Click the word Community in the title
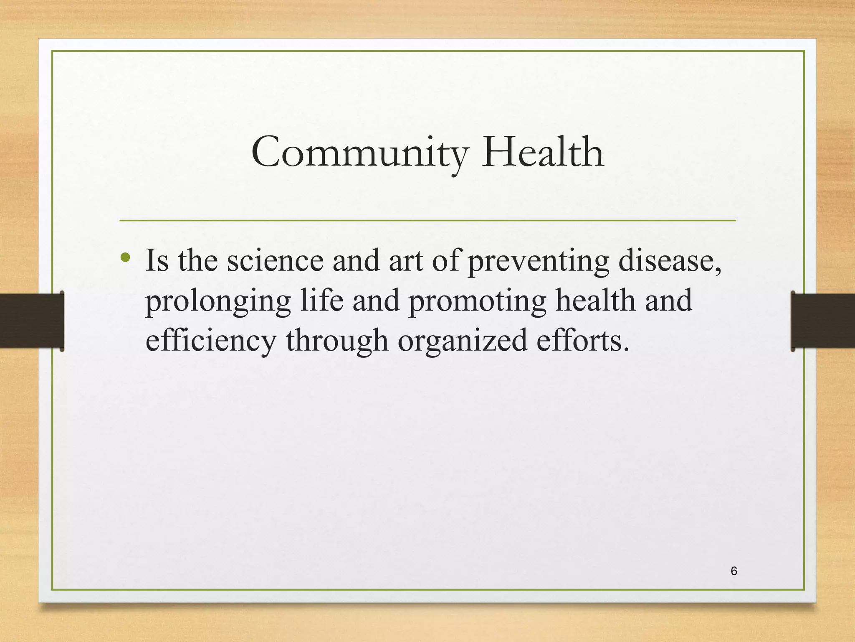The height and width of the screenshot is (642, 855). [359, 153]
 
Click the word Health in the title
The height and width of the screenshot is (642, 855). [543, 153]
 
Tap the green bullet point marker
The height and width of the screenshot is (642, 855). [125, 257]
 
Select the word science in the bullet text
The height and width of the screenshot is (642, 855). [275, 261]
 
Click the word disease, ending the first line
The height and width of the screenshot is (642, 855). [670, 261]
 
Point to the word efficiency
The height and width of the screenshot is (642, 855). [211, 341]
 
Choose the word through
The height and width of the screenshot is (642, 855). [337, 341]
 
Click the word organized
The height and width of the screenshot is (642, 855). [462, 341]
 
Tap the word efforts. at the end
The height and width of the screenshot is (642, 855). [582, 340]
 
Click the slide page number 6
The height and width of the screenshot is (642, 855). [734, 571]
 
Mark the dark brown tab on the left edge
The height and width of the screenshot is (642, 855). [31, 321]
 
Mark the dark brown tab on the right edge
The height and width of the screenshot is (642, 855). [823, 321]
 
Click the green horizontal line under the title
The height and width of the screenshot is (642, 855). [427, 220]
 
